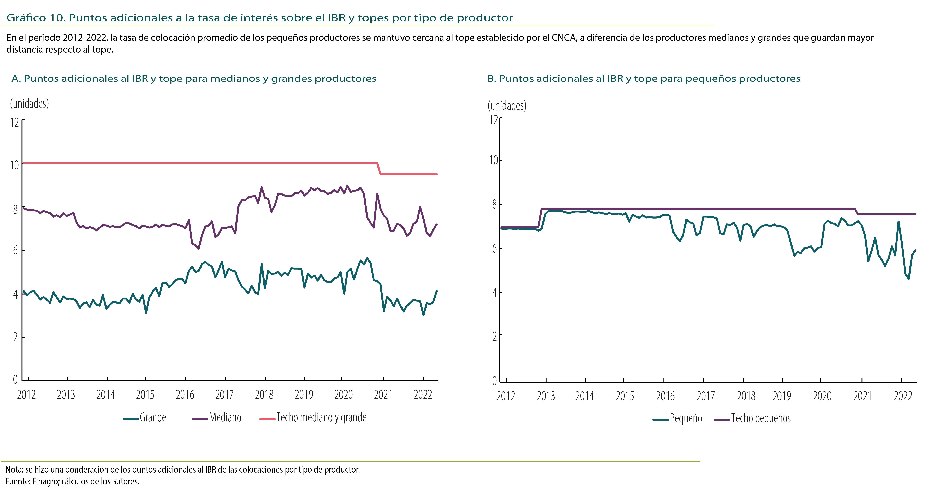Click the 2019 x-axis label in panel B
[782, 396]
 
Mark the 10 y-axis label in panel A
[15, 165]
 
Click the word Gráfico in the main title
[26, 18]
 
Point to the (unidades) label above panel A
[29, 104]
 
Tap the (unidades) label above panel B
[507, 106]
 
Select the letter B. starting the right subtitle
[492, 79]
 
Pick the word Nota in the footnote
[14, 470]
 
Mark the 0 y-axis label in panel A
[15, 380]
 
